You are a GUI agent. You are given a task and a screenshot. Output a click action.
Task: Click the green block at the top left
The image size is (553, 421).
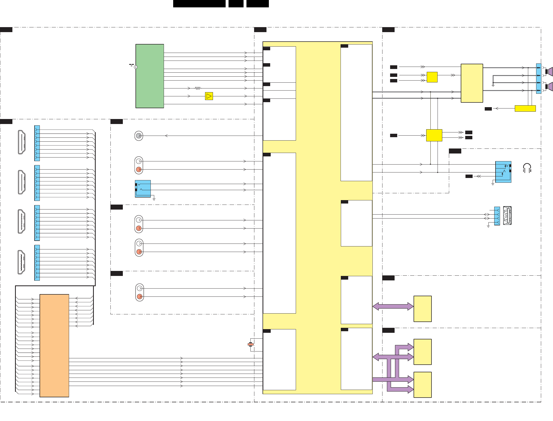click(x=149, y=76)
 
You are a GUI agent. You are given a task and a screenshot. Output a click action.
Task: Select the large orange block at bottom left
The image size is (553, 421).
click(x=54, y=345)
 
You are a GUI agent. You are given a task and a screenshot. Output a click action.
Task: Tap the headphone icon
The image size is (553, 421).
click(x=527, y=168)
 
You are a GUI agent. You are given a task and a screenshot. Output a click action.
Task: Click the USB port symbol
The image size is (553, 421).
click(x=507, y=216)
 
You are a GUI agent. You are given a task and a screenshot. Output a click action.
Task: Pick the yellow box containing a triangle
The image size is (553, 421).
click(x=209, y=96)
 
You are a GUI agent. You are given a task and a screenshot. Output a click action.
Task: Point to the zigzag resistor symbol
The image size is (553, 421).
click(x=198, y=88)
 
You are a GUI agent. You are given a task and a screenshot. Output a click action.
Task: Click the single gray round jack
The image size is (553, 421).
click(x=139, y=136)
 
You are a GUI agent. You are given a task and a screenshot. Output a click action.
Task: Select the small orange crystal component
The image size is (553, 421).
click(x=250, y=344)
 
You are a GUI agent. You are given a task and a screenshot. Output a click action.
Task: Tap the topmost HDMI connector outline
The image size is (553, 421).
click(x=22, y=142)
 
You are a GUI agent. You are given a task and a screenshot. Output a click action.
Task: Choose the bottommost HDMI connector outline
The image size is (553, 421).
click(x=21, y=262)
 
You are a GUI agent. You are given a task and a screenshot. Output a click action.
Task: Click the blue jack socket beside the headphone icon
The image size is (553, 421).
click(x=503, y=172)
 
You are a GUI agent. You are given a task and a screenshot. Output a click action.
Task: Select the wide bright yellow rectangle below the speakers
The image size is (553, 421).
click(x=525, y=108)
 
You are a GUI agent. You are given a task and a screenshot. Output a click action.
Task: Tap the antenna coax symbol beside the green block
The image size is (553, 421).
click(x=135, y=67)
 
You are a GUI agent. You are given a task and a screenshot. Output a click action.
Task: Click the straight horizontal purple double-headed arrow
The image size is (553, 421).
click(x=393, y=306)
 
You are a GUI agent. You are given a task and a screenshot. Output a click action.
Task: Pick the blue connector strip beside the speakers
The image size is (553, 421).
click(x=539, y=78)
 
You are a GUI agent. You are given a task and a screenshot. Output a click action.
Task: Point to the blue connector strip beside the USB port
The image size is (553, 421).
click(x=497, y=216)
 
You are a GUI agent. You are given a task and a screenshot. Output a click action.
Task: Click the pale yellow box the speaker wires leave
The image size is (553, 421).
click(x=472, y=83)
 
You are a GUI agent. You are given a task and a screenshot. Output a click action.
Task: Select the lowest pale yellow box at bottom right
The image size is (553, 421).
click(x=422, y=385)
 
